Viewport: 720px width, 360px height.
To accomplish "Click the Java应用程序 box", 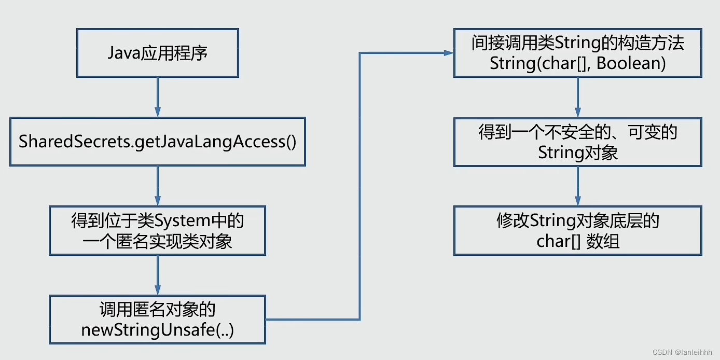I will click(x=158, y=53).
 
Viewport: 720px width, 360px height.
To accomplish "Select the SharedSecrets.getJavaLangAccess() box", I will click(x=158, y=142).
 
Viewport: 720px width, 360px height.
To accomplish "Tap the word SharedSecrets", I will click(x=75, y=142).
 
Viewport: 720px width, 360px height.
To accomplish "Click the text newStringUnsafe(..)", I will click(x=158, y=330).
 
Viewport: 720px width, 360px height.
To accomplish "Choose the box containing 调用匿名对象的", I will click(x=158, y=320).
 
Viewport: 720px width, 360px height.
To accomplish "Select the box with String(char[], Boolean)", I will click(x=578, y=53).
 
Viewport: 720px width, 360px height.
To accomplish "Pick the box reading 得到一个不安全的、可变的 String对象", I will click(x=578, y=142).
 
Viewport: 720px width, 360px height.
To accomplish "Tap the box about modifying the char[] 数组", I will click(x=578, y=231).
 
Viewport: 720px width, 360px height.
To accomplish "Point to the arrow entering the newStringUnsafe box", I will click(x=158, y=275).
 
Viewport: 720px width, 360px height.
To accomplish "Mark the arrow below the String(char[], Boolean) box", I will click(x=578, y=98).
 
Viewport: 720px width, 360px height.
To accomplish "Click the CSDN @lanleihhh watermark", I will click(x=684, y=353).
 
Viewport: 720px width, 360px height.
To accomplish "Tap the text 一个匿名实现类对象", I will click(x=158, y=242).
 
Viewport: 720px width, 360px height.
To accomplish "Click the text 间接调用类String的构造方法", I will click(x=578, y=43).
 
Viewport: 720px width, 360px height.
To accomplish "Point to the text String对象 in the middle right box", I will click(x=578, y=153).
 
